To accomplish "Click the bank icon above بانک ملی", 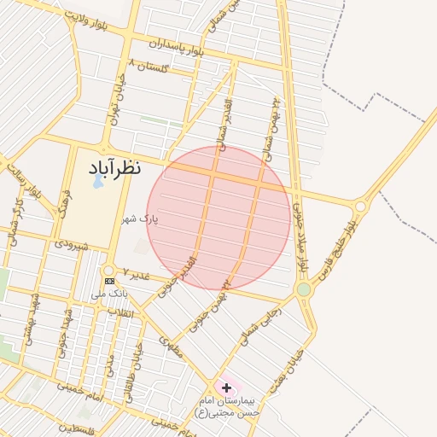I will point(109,281).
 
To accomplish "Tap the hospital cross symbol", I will point(226,387).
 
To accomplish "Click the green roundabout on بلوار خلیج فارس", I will point(304,290).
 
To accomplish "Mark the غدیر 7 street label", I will point(136,273).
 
